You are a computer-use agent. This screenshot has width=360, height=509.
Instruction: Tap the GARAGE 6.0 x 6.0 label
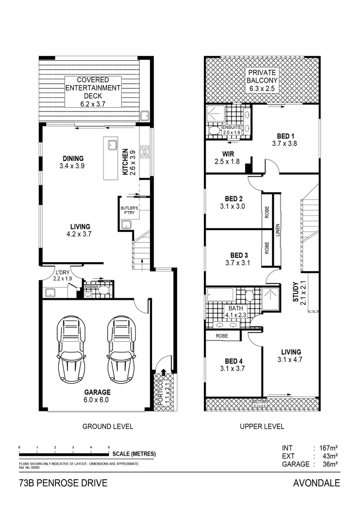click(x=97, y=396)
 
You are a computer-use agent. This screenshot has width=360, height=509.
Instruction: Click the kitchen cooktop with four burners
click(x=145, y=151)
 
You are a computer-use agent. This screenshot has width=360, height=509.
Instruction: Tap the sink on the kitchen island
click(x=112, y=145)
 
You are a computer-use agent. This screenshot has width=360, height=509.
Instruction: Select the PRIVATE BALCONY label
click(x=264, y=80)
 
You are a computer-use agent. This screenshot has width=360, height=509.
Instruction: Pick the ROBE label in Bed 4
click(x=221, y=336)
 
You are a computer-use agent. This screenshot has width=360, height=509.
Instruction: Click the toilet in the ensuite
click(x=214, y=131)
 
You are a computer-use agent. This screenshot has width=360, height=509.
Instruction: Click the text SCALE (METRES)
click(x=134, y=454)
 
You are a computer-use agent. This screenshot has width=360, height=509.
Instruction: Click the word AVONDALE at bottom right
click(x=316, y=484)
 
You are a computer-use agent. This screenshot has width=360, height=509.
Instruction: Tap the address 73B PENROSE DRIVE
click(x=63, y=484)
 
